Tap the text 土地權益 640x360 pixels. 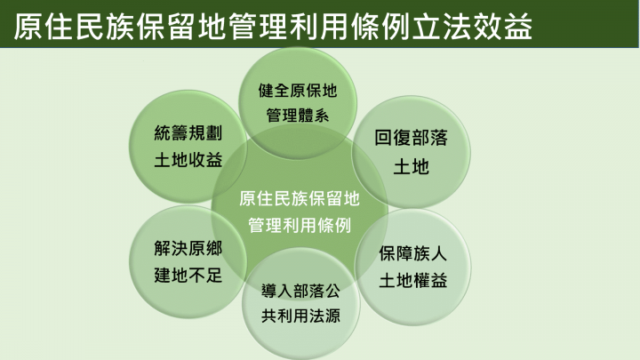[x=412, y=280]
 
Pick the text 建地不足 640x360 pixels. [x=187, y=275]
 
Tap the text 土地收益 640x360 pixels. [x=188, y=161]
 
